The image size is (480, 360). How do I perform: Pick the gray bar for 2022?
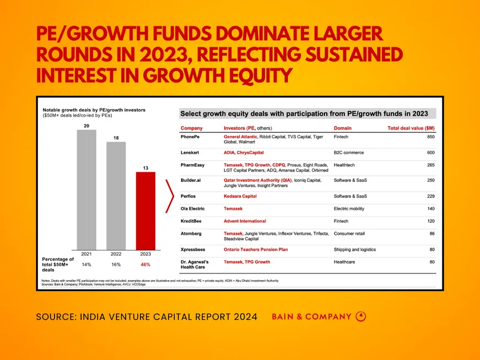tap(116, 195)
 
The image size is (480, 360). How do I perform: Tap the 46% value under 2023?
tap(146, 265)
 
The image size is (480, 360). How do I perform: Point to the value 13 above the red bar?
tap(146, 167)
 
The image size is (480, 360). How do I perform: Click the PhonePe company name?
tap(190, 136)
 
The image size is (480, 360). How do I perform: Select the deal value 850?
tap(430, 136)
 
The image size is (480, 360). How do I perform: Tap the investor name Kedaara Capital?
tap(240, 196)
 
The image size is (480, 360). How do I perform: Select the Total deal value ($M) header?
tap(411, 128)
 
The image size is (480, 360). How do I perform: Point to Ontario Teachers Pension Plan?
tap(256, 249)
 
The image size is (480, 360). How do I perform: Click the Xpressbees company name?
tap(193, 249)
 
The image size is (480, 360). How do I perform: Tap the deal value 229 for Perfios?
tap(430, 196)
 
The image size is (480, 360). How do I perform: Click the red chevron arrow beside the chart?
tap(170, 195)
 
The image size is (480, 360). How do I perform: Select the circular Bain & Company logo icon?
tap(361, 316)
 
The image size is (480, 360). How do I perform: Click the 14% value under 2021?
tap(87, 265)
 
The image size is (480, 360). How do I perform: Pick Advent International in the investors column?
tap(245, 221)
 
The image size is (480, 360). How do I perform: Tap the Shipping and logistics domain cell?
tap(357, 249)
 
